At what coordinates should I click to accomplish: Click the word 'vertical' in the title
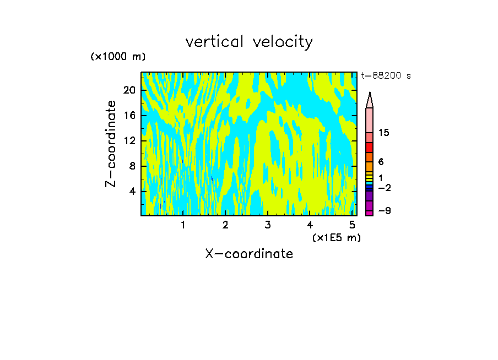[212, 41]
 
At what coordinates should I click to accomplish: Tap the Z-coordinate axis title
[111, 143]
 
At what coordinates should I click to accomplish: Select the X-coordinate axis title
[249, 254]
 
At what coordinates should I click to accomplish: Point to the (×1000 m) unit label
[118, 57]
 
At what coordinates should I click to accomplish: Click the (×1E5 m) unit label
[336, 237]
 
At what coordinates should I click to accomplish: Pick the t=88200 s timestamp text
[386, 76]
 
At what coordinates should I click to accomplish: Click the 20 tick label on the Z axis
[129, 91]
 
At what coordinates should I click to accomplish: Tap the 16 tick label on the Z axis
[129, 116]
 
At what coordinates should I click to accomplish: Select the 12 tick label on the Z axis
[129, 141]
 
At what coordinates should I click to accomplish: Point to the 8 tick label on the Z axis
[132, 166]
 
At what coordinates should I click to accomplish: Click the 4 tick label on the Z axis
[132, 191]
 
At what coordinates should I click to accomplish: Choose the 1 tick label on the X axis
[183, 225]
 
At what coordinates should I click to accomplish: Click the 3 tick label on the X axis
[267, 225]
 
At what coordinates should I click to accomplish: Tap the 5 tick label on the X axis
[351, 225]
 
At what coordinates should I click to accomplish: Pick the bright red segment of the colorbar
[370, 147]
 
